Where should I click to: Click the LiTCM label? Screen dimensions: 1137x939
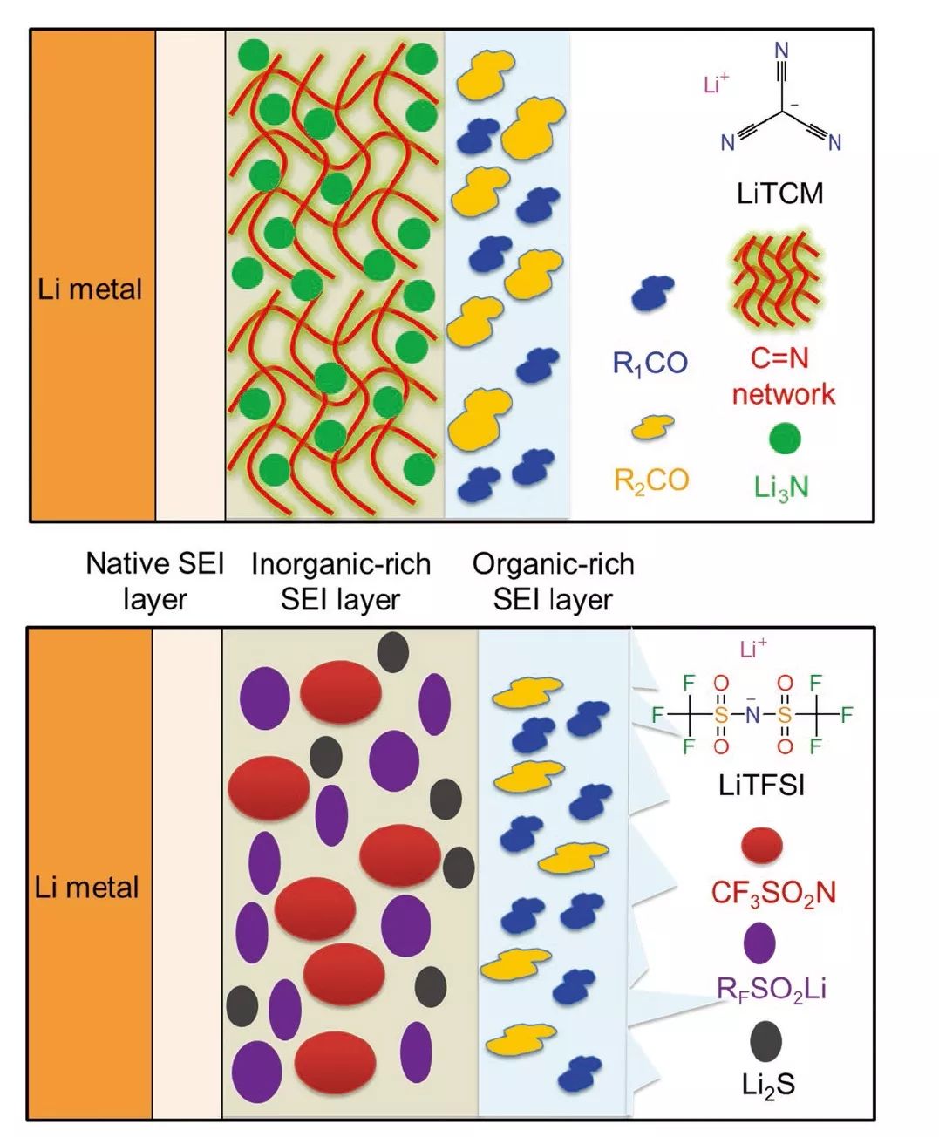779,193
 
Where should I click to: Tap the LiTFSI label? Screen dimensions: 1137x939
761,785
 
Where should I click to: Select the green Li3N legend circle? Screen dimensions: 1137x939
785,439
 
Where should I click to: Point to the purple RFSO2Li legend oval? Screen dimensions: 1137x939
760,943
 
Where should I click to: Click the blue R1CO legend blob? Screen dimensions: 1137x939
651,294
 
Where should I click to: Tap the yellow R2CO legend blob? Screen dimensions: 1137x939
652,426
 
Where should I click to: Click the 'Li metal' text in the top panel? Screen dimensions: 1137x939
89,289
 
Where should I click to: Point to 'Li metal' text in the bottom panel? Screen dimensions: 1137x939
87,888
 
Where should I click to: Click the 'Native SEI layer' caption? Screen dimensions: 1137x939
154,582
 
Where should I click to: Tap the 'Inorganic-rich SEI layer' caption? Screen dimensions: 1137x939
341,582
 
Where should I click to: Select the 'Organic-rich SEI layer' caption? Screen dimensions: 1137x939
553,582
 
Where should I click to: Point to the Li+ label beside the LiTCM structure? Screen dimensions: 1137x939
716,85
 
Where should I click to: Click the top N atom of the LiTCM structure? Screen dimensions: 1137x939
781,51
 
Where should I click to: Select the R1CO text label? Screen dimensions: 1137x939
650,363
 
